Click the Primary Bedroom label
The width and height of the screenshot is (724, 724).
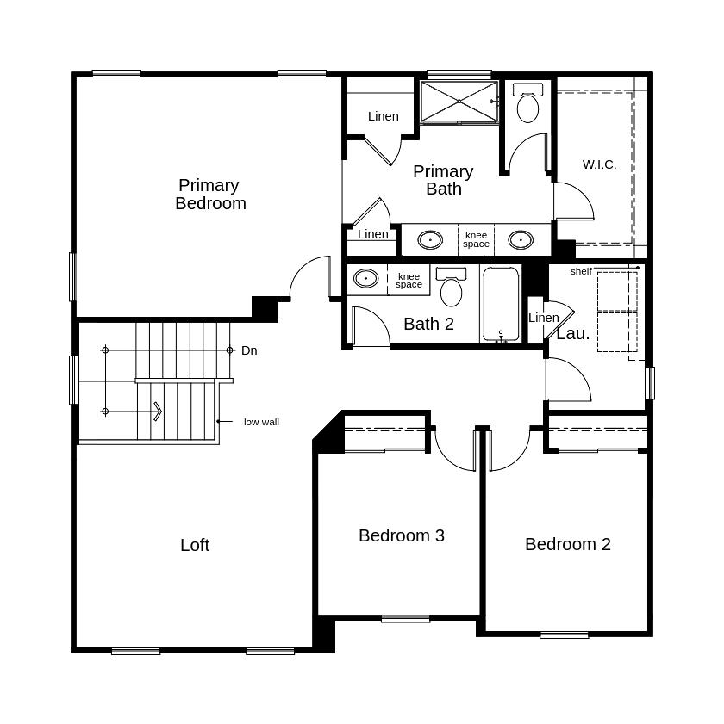click(210, 195)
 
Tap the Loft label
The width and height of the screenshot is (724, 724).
click(195, 545)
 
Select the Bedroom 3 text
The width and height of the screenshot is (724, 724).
click(402, 535)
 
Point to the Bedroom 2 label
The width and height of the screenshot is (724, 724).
click(568, 544)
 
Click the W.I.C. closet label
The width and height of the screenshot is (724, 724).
click(599, 164)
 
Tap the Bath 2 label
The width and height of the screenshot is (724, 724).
click(428, 324)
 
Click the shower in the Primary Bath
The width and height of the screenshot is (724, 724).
click(459, 102)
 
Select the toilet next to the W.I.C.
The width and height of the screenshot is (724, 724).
click(527, 104)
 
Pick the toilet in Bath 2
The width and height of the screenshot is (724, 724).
click(451, 288)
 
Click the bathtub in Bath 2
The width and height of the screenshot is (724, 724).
click(501, 303)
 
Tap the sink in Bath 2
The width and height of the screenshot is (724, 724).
click(366, 278)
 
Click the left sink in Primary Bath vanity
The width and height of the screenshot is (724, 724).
click(430, 239)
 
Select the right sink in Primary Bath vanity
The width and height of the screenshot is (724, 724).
click(521, 239)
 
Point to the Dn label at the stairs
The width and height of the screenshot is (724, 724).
click(249, 350)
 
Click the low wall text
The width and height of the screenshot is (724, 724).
click(261, 422)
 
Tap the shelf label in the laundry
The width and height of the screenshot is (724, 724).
click(581, 271)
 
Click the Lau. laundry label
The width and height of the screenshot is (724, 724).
click(573, 334)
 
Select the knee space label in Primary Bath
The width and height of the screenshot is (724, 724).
click(476, 239)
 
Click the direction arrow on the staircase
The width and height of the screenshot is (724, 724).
click(158, 412)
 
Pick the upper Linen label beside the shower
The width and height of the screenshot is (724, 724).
click(384, 116)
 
